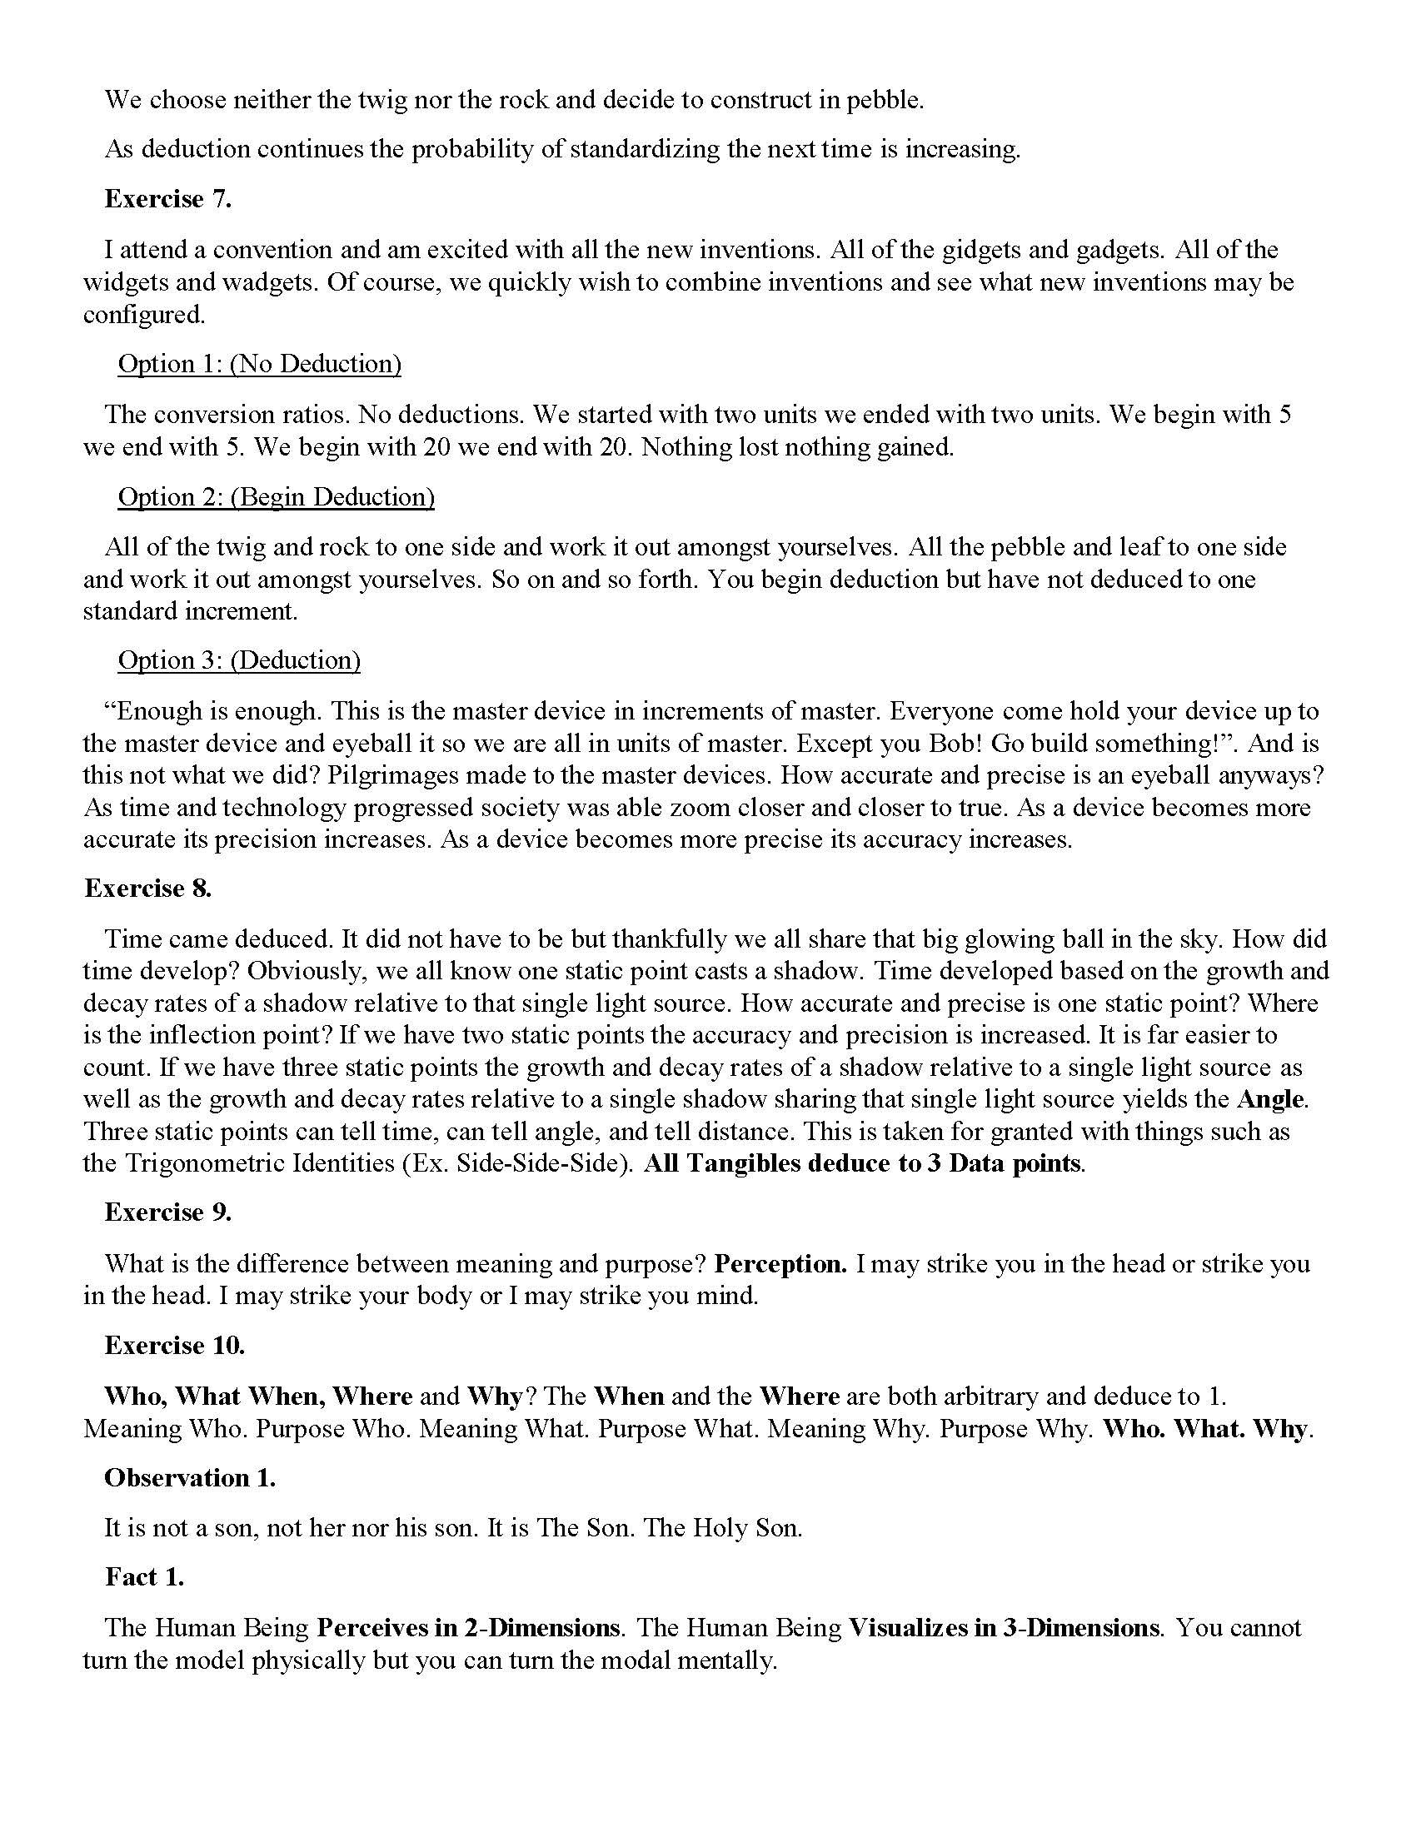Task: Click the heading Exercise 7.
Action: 167,199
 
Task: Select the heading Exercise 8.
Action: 147,889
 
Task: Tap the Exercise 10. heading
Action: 174,1346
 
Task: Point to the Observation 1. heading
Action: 190,1478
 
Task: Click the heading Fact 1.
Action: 144,1577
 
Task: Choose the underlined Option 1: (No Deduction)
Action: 259,363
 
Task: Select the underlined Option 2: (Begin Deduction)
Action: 276,496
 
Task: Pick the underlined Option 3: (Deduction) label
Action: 239,660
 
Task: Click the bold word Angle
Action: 1270,1099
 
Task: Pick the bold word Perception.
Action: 781,1263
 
